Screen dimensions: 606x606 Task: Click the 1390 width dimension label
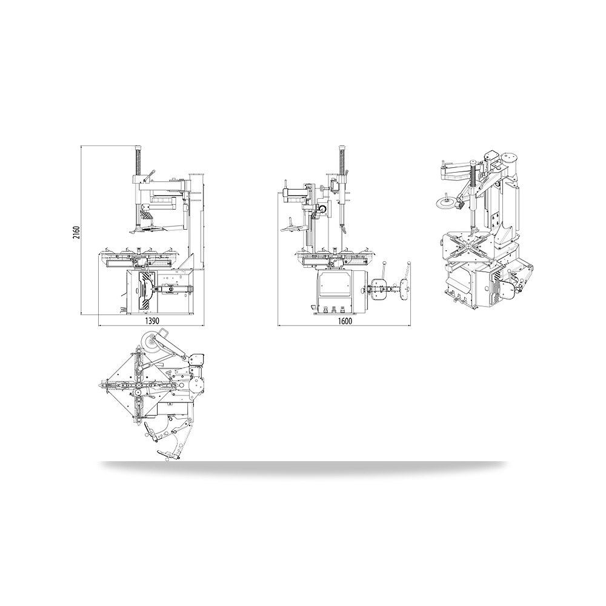tap(151, 321)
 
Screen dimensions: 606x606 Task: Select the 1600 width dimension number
tap(344, 321)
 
